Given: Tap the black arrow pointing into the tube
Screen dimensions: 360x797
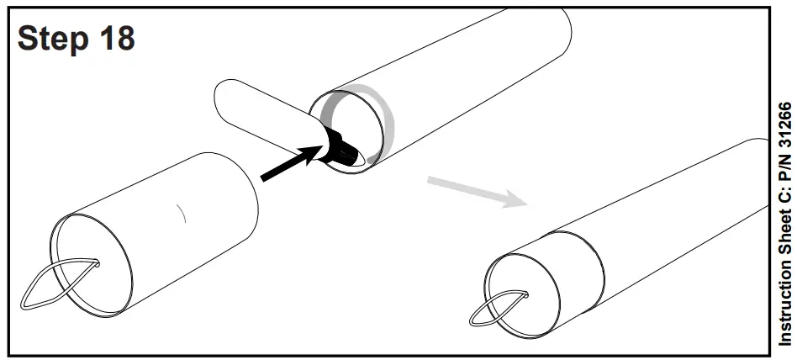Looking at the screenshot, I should click(290, 163).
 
